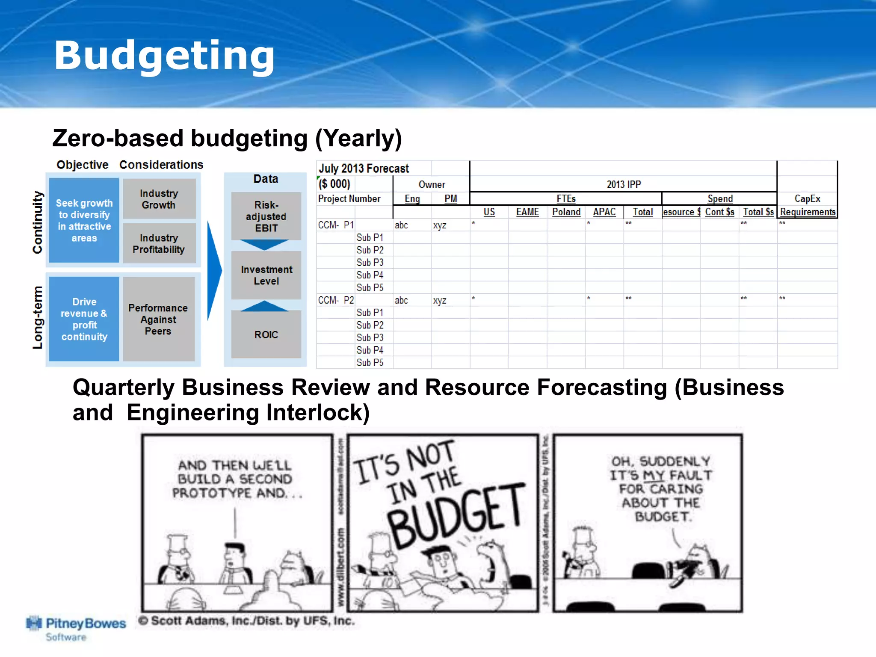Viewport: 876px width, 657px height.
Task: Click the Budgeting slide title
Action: (x=164, y=56)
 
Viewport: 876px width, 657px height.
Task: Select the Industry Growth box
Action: (x=159, y=199)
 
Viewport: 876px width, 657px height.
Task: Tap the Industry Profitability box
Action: (x=159, y=244)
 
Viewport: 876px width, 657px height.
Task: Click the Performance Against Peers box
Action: (x=158, y=320)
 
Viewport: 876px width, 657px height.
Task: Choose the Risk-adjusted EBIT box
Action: (x=266, y=216)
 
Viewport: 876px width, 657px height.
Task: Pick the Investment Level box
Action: (x=266, y=275)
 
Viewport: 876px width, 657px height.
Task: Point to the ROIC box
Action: (x=266, y=334)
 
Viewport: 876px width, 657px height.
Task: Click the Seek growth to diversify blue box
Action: (x=84, y=220)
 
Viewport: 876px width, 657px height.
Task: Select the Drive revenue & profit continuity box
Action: (x=84, y=319)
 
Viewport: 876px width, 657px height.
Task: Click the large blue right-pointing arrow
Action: (x=214, y=270)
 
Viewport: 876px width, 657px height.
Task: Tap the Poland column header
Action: (x=566, y=212)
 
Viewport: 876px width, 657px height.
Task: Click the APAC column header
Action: (x=604, y=212)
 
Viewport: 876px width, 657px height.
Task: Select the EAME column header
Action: (x=527, y=212)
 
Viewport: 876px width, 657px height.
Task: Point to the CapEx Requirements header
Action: (x=808, y=206)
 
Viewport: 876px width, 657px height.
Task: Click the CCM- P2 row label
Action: (x=336, y=300)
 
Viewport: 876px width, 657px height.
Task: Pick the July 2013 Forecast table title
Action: (x=364, y=169)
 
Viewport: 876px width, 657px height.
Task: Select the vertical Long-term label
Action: (x=38, y=318)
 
